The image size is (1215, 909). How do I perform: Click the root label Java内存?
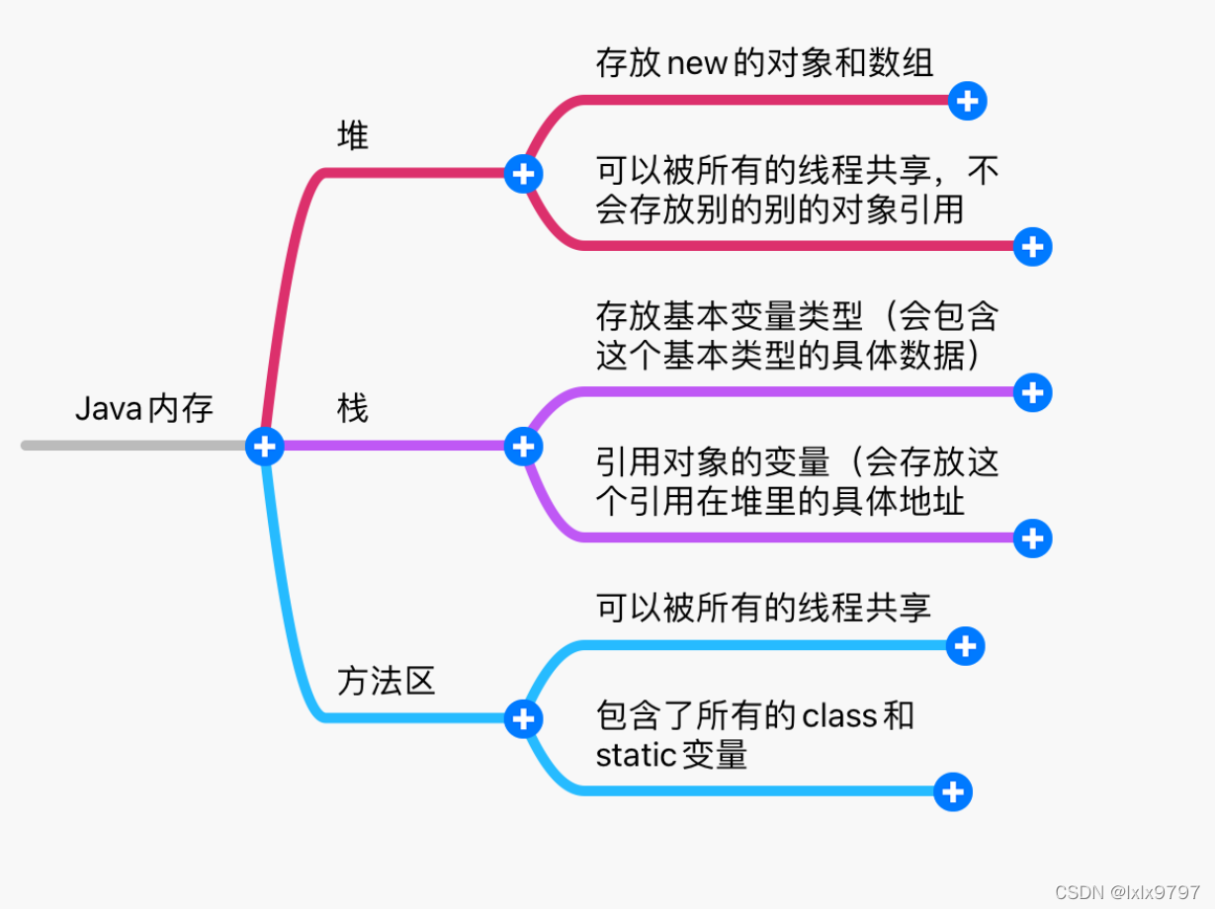(144, 408)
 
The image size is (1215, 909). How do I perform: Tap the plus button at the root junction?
(264, 447)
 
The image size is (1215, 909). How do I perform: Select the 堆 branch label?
(352, 135)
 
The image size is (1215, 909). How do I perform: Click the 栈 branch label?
(352, 407)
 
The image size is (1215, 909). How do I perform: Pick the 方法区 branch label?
(386, 681)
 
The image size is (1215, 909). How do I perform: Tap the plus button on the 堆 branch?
(523, 174)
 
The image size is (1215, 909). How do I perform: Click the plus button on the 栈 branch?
(523, 447)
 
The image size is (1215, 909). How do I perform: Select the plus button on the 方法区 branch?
(523, 719)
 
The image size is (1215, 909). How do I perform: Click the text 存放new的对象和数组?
(764, 63)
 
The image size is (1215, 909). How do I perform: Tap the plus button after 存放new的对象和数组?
(967, 100)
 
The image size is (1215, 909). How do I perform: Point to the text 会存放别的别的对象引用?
(779, 209)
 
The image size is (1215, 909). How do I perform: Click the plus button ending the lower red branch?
(1032, 247)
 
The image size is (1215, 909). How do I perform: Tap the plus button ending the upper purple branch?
(1032, 392)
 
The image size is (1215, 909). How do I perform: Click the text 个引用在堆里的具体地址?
(779, 501)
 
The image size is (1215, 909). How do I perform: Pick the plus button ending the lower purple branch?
(1032, 538)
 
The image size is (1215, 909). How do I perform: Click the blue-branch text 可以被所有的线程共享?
(763, 608)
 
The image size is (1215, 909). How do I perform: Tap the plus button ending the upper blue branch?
(965, 645)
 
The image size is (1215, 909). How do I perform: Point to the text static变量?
(671, 755)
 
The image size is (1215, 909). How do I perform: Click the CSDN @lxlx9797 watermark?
(1127, 892)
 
